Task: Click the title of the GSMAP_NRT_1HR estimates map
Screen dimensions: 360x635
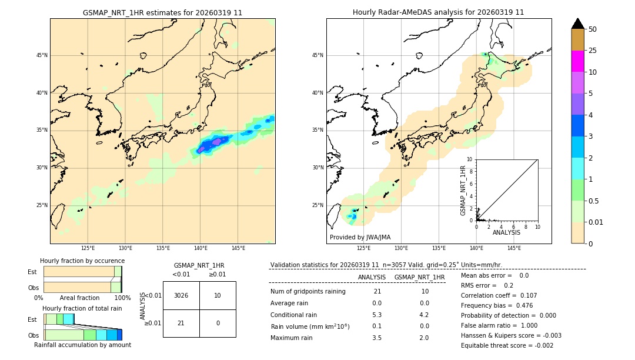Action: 162,12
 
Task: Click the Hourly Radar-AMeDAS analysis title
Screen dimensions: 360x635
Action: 438,12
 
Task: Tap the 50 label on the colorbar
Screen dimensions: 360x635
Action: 593,29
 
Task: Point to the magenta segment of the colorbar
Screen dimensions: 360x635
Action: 578,61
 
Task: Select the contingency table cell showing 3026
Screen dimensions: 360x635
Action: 181,295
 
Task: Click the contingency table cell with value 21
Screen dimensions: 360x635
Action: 181,323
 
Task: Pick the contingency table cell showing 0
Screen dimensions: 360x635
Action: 217,323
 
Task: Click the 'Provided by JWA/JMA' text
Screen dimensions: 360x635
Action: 360,237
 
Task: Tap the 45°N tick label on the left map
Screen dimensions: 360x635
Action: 42,55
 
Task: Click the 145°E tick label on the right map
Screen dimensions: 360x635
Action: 514,248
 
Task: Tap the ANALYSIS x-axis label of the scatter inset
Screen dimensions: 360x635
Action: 506,232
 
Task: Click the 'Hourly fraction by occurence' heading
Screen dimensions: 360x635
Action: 82,261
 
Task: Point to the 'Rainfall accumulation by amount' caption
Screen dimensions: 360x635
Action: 82,345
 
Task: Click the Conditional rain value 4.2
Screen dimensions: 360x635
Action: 424,314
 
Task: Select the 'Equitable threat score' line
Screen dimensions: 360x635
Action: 507,345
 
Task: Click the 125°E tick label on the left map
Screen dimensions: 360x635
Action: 88,248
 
